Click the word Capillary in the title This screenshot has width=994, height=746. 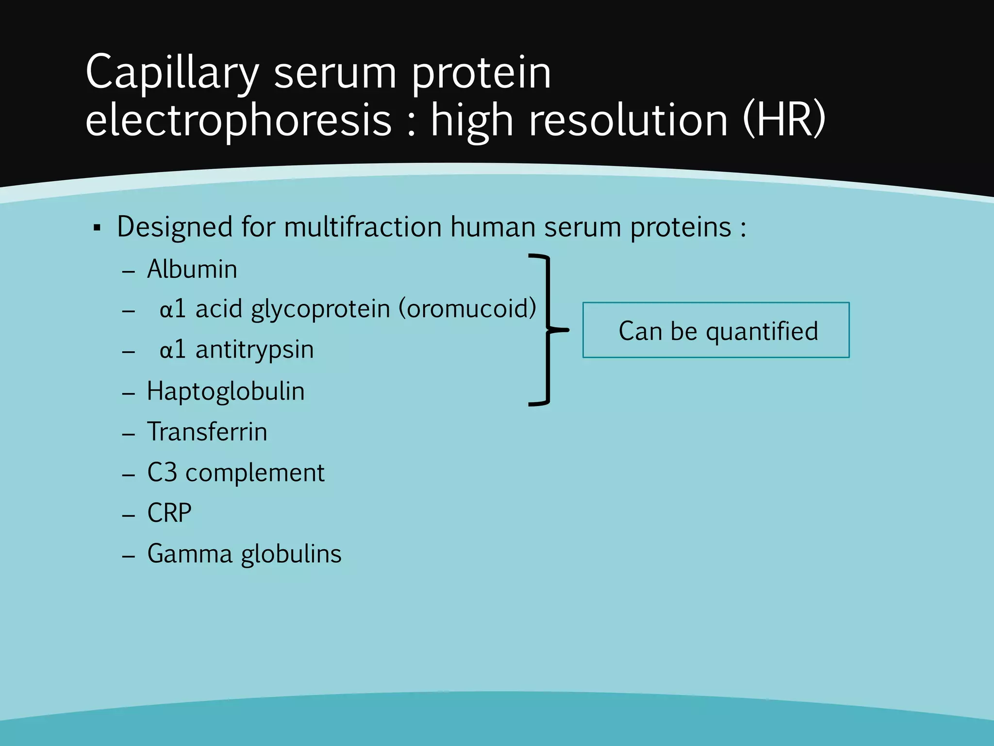[172, 73]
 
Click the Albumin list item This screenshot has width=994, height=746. [192, 270]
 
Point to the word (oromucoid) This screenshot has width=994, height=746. [467, 308]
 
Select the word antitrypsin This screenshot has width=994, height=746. [254, 350]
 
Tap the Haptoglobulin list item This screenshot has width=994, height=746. [226, 391]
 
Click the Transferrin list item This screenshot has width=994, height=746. [207, 432]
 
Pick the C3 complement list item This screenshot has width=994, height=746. [235, 473]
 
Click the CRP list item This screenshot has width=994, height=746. [169, 513]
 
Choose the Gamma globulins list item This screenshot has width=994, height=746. [244, 554]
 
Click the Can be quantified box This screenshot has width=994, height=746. [716, 330]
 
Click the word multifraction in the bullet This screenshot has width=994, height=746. [364, 227]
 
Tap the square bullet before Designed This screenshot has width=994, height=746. [97, 228]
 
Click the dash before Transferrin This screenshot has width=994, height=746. [128, 434]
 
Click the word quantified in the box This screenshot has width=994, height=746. [762, 332]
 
